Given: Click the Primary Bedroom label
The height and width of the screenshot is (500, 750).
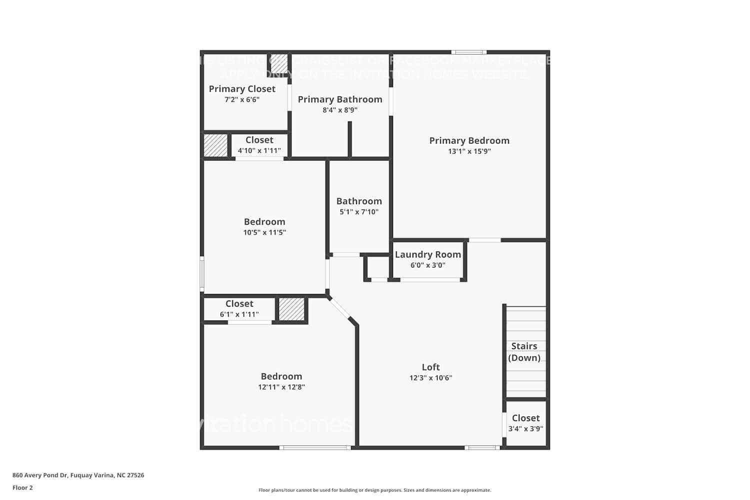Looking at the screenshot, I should [469, 140].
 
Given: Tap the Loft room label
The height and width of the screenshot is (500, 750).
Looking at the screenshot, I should [430, 367].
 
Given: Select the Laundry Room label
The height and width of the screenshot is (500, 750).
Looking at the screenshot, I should [427, 254].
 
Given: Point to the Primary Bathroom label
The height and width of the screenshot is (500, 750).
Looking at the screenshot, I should [340, 99].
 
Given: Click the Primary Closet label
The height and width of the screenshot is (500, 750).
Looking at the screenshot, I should [242, 88].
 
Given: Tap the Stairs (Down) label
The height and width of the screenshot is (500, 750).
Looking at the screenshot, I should [524, 351].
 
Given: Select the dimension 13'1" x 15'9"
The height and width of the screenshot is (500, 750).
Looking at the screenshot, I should [469, 151].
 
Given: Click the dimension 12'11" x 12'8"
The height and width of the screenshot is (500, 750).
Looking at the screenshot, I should [281, 387].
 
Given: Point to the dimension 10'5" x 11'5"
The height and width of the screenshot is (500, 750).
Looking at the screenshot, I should [264, 232].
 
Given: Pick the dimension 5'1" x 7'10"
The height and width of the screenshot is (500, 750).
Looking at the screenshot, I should [359, 212].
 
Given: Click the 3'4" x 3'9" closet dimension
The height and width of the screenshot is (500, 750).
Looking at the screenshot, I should [525, 428].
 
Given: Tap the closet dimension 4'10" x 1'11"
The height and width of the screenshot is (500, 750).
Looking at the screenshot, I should [259, 150].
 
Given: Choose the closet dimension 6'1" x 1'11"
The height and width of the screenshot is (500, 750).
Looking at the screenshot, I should [239, 314].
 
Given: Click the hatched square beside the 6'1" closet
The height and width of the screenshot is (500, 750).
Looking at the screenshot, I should [291, 309].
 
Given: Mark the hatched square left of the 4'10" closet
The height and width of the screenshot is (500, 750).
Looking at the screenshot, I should [215, 145].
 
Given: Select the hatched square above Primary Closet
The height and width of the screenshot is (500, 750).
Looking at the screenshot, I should [279, 63].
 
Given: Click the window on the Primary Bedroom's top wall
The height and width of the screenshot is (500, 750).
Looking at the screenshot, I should [468, 52].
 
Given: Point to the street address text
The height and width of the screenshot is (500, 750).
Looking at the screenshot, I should [78, 475].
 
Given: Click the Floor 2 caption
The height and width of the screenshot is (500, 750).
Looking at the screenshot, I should [22, 487].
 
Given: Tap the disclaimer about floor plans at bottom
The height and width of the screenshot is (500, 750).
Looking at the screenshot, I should [374, 490].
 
